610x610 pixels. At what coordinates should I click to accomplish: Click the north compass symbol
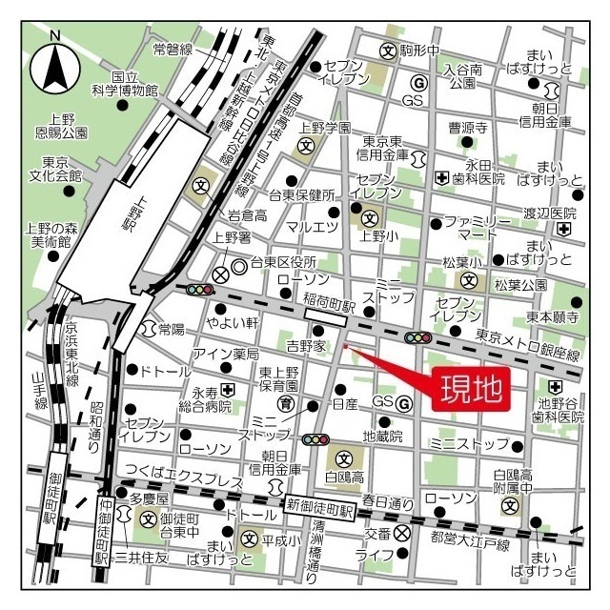click(55, 65)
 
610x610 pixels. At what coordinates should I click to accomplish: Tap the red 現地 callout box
click(469, 390)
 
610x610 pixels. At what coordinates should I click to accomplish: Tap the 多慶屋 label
click(149, 498)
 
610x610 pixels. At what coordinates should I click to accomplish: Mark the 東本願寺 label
click(552, 317)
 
